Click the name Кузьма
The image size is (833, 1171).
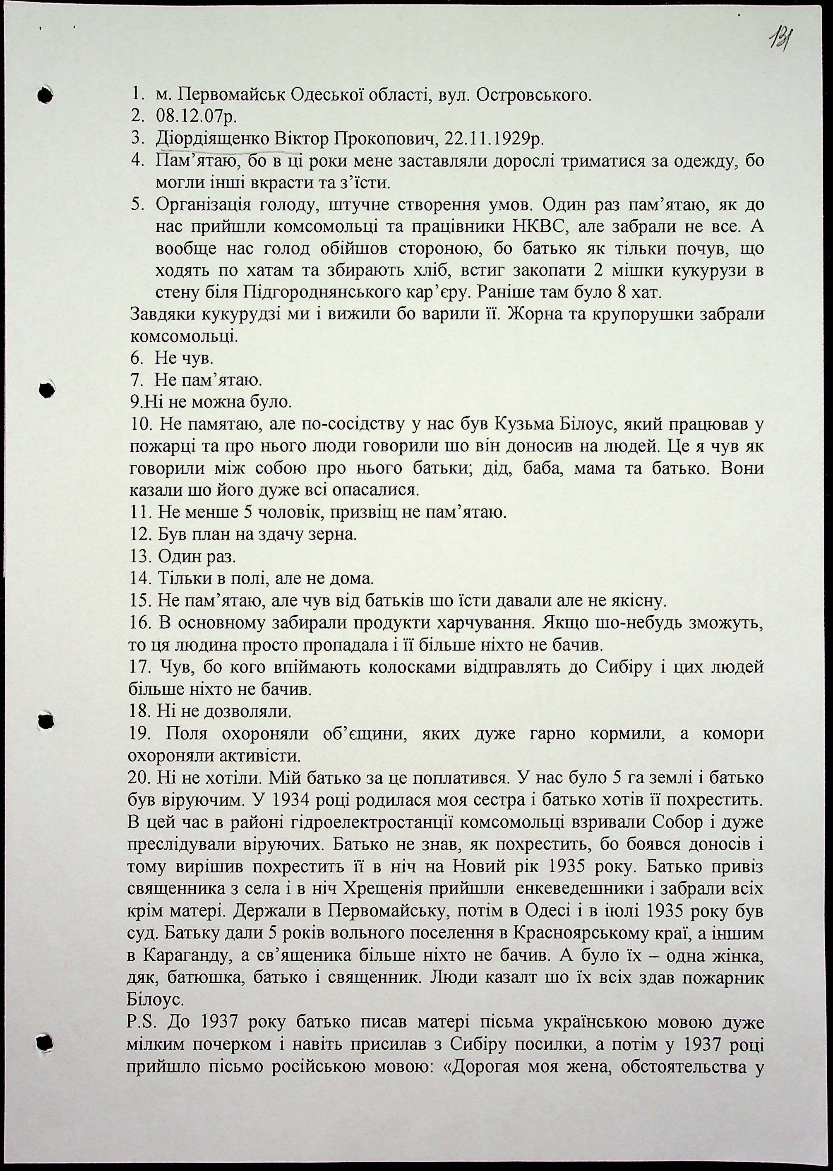click(526, 425)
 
